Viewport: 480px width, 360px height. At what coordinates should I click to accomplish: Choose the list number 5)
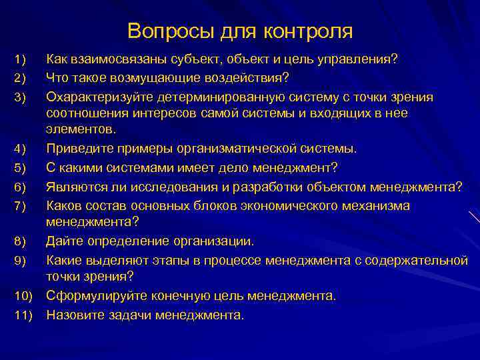(20, 166)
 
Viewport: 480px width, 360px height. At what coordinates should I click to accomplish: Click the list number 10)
(22, 295)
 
